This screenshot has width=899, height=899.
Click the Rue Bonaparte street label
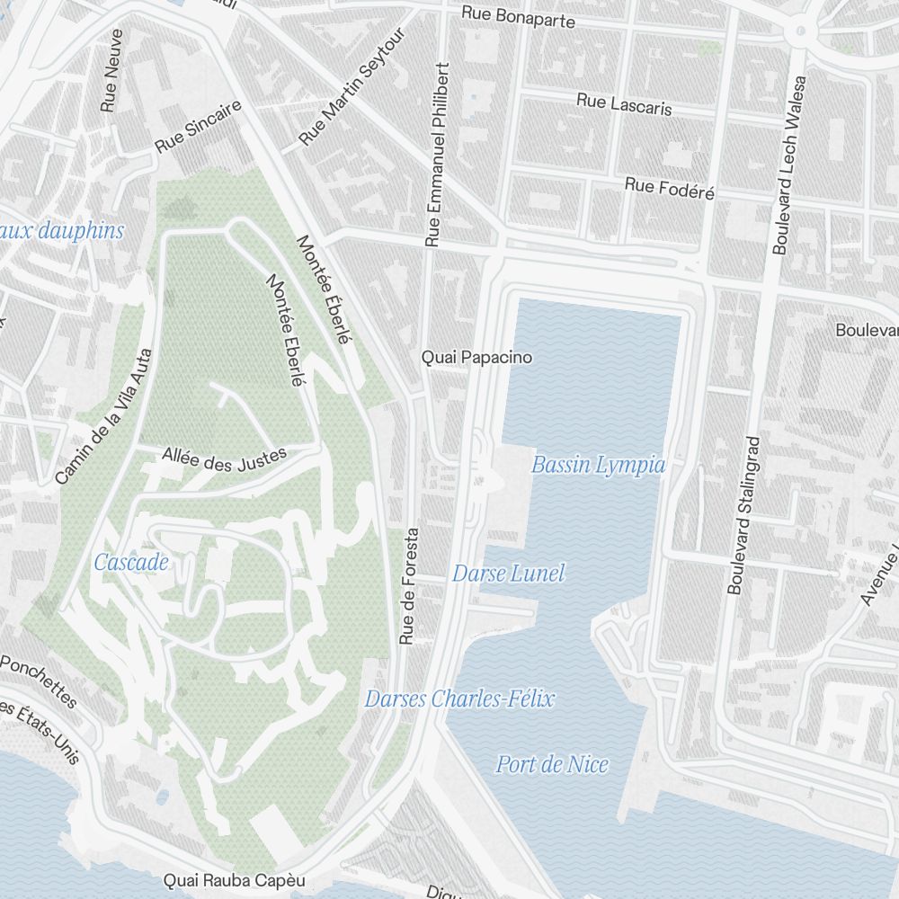[518, 17]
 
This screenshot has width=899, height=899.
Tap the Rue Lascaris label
[624, 103]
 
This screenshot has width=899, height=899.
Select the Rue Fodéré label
[670, 188]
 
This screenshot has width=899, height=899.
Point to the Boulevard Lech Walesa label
[789, 165]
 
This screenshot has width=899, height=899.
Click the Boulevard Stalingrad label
[743, 515]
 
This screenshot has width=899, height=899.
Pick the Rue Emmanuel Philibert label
[436, 155]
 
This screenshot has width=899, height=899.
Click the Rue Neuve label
[111, 70]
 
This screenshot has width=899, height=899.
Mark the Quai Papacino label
[477, 358]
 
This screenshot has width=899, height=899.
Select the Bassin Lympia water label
[598, 465]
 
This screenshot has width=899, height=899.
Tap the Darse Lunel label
[508, 574]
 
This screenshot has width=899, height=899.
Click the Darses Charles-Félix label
[459, 699]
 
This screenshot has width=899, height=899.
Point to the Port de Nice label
[552, 765]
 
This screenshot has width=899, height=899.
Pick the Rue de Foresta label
[408, 585]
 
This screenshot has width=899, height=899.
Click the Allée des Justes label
[224, 458]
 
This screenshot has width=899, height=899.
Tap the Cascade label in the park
[131, 563]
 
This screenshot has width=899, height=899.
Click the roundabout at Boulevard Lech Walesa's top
[798, 32]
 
